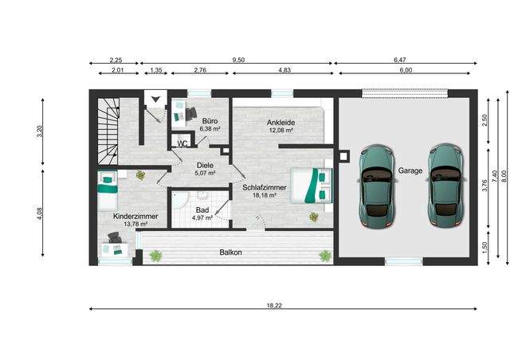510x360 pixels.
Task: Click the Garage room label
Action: pos(410,170)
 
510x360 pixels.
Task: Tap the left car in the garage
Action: pos(377,186)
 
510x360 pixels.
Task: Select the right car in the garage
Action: pos(446,186)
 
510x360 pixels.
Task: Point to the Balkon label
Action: pos(230,252)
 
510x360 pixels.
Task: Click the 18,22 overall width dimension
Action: pos(274,305)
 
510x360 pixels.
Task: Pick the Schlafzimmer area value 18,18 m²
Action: pos(265,195)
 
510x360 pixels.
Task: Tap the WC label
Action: pos(182,143)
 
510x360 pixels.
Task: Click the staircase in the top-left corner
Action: pos(108,131)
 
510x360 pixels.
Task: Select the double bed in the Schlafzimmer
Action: pos(312,186)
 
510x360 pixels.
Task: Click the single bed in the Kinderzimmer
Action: pos(108,190)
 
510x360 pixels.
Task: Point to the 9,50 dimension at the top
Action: pos(238,60)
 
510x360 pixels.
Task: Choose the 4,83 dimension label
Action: pos(284,70)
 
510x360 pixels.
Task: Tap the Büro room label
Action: pos(210,121)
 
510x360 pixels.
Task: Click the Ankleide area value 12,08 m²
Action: pos(281,131)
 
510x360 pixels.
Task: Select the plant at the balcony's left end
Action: pos(155,256)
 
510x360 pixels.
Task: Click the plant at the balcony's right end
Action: pos(325,256)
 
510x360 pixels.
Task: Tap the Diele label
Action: pos(205,166)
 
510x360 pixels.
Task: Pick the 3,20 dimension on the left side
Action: pos(40,131)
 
